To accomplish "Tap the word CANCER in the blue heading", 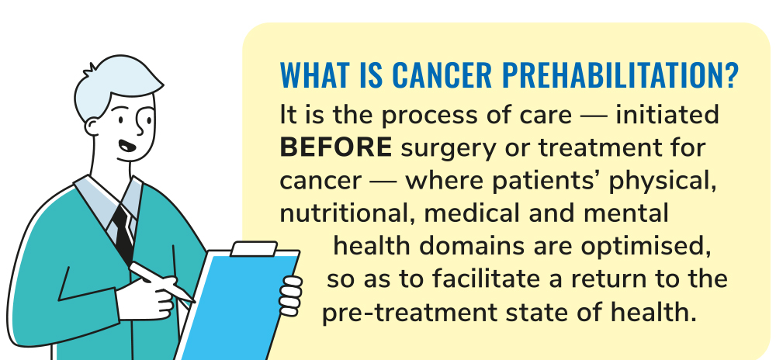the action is point(442,74).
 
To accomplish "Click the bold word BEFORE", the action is point(336,147).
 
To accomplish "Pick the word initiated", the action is point(667,115).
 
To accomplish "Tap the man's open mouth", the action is point(127,146).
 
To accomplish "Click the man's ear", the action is point(92,126).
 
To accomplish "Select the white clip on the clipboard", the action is point(254,249).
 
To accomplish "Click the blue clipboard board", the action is point(237,306).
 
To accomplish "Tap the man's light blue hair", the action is point(116,84).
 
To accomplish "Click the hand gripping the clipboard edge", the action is point(290,296).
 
